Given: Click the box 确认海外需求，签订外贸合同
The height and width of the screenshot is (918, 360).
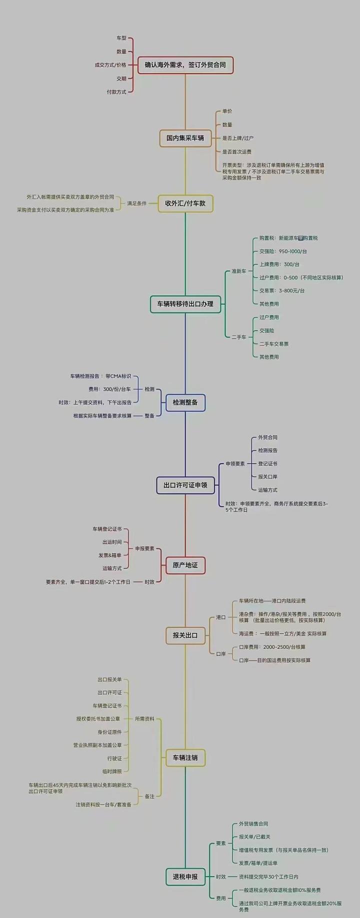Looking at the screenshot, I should [185, 65].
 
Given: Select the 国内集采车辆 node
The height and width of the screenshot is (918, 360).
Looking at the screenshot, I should [185, 138].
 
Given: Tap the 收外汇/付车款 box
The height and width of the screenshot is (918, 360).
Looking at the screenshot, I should [185, 203].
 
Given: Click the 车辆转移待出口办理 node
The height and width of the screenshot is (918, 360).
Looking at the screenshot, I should [185, 304].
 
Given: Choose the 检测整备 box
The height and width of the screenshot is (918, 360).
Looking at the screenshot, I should [185, 402].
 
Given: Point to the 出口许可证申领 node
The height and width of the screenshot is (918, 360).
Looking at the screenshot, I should [185, 485].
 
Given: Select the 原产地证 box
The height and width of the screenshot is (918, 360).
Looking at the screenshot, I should [185, 565].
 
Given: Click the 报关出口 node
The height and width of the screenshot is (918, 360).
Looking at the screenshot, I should [185, 635].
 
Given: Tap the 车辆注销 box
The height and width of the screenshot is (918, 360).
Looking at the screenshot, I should [185, 757].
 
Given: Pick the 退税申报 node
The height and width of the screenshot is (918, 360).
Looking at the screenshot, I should [185, 876].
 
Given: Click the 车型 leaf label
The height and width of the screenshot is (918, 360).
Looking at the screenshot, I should [121, 38].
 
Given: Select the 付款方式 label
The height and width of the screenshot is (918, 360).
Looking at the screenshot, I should [116, 92].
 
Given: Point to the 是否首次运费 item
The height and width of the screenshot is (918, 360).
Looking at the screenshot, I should [237, 151].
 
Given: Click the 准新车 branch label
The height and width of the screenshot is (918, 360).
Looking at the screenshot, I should [239, 271].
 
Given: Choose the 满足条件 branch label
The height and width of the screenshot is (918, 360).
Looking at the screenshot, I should [136, 203].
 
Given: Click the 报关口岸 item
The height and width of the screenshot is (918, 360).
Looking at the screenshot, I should [268, 476].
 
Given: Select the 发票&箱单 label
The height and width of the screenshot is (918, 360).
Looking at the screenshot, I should [110, 555].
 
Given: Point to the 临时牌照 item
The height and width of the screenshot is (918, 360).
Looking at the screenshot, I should [112, 771].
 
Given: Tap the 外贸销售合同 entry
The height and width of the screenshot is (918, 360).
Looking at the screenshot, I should [253, 823].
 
